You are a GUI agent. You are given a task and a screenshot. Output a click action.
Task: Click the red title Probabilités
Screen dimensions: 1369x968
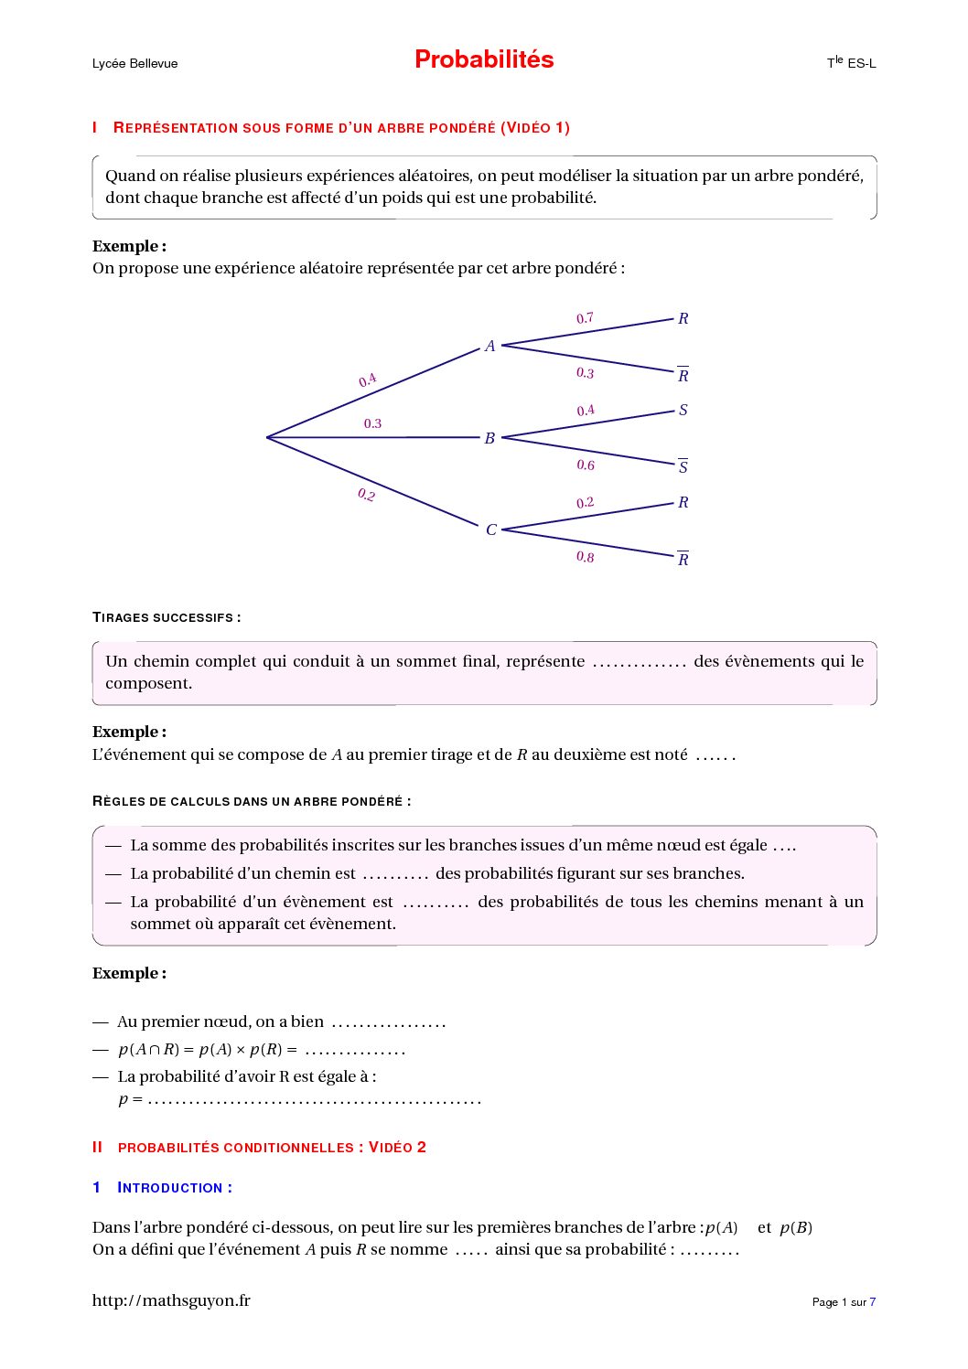tap(484, 59)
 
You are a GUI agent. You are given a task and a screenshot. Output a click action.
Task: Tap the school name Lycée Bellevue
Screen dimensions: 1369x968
tap(134, 63)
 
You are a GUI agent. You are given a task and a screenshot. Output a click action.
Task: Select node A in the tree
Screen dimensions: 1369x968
tap(490, 346)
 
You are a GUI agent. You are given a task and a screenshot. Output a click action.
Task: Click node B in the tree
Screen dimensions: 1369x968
tap(489, 438)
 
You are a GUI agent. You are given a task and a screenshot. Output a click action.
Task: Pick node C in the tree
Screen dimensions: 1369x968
tap(491, 529)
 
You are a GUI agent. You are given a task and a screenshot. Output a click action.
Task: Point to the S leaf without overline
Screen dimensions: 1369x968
tap(683, 410)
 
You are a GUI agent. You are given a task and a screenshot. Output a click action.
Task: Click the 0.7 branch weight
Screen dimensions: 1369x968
tap(585, 318)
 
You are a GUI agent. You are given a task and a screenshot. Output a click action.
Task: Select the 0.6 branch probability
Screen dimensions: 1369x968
tap(586, 465)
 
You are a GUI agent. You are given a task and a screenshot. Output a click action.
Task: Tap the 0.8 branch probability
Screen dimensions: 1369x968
tap(585, 557)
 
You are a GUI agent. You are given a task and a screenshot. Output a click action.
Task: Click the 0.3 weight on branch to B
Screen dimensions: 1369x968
tap(372, 423)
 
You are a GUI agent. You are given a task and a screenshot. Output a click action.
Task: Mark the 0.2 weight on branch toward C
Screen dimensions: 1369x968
tap(367, 495)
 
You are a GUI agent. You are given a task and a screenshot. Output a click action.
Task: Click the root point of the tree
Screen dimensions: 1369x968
tap(267, 437)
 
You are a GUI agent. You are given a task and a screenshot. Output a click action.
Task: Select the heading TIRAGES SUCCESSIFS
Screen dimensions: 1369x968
tap(166, 617)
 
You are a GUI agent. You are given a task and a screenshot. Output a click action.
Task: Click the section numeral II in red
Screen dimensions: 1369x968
tap(97, 1147)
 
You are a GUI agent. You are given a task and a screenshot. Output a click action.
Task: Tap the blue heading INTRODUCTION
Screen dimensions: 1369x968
tap(174, 1187)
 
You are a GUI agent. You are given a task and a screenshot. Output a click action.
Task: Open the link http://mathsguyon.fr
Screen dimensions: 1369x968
tap(171, 1300)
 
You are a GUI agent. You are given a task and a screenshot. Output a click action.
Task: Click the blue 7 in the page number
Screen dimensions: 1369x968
tap(873, 1302)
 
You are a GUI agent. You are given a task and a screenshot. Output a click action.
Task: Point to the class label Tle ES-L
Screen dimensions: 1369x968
tap(851, 63)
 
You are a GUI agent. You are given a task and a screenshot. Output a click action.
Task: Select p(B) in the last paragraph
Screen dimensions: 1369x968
tap(796, 1227)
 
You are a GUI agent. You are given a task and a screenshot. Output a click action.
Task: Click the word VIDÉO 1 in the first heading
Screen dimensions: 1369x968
tap(535, 128)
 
